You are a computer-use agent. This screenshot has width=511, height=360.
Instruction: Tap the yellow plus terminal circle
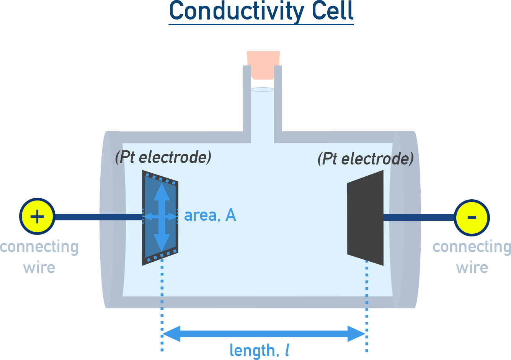click(37, 217)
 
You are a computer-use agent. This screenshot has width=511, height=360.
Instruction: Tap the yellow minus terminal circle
click(472, 217)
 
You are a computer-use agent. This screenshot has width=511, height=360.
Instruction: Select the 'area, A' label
click(210, 215)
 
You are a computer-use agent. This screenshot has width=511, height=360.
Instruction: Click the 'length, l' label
click(259, 350)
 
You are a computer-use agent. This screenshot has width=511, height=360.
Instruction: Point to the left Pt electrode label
click(163, 157)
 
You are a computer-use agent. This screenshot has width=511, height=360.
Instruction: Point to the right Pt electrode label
click(366, 158)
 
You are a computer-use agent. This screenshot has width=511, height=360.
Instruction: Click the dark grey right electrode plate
click(366, 218)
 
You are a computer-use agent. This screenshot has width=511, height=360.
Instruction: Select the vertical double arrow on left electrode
click(162, 199)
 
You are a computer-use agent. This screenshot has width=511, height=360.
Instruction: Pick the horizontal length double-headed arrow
click(264, 334)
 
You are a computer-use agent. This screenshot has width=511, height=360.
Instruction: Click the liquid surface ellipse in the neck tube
click(263, 90)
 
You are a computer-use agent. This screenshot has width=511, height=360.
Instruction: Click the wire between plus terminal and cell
click(77, 217)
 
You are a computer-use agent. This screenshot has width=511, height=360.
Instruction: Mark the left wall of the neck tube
click(247, 99)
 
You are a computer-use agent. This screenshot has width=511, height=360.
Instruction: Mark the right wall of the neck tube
click(278, 99)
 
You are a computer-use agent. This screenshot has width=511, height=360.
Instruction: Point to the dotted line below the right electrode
click(367, 306)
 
